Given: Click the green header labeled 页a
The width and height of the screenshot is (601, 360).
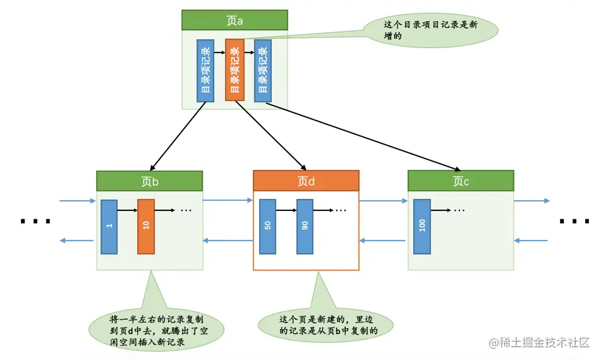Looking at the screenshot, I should coord(234,20).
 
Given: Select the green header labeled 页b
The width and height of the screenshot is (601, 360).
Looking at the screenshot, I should coord(150,181).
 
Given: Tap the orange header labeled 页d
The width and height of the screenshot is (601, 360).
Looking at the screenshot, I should coord(306,181).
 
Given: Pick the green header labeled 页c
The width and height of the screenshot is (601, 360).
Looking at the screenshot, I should coord(461,181).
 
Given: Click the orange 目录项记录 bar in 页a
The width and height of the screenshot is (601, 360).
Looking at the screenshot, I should coord(234,69).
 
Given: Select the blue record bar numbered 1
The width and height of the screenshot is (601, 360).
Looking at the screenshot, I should coord(109,226).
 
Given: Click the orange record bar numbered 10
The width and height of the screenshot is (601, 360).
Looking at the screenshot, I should coord(146,226).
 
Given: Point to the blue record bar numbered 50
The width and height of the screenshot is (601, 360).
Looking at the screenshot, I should coord(267,226).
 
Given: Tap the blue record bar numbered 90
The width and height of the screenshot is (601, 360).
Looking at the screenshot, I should coord(305,226).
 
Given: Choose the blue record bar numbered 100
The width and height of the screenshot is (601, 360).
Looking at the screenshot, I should coord(422,226).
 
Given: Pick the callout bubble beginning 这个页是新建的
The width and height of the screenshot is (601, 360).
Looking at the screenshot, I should coord(326,324).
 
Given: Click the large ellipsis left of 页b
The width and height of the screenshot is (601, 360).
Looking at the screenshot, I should coord(35,222).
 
